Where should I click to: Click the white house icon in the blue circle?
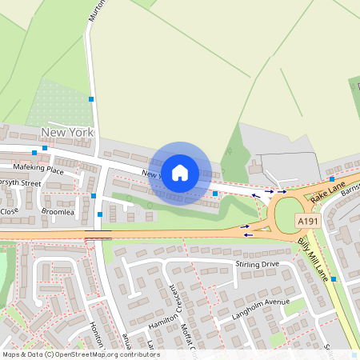click(x=180, y=171)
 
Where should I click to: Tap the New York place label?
click(x=68, y=132)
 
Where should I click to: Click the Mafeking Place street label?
click(x=38, y=170)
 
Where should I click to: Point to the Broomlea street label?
click(x=58, y=213)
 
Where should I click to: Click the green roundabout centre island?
click(x=287, y=214)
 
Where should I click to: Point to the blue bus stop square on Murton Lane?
click(x=91, y=99)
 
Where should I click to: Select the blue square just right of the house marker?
click(x=214, y=193)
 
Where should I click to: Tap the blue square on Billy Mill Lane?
click(x=334, y=278)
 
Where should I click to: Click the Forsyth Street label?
click(x=19, y=182)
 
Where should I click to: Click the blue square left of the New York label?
click(x=34, y=152)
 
